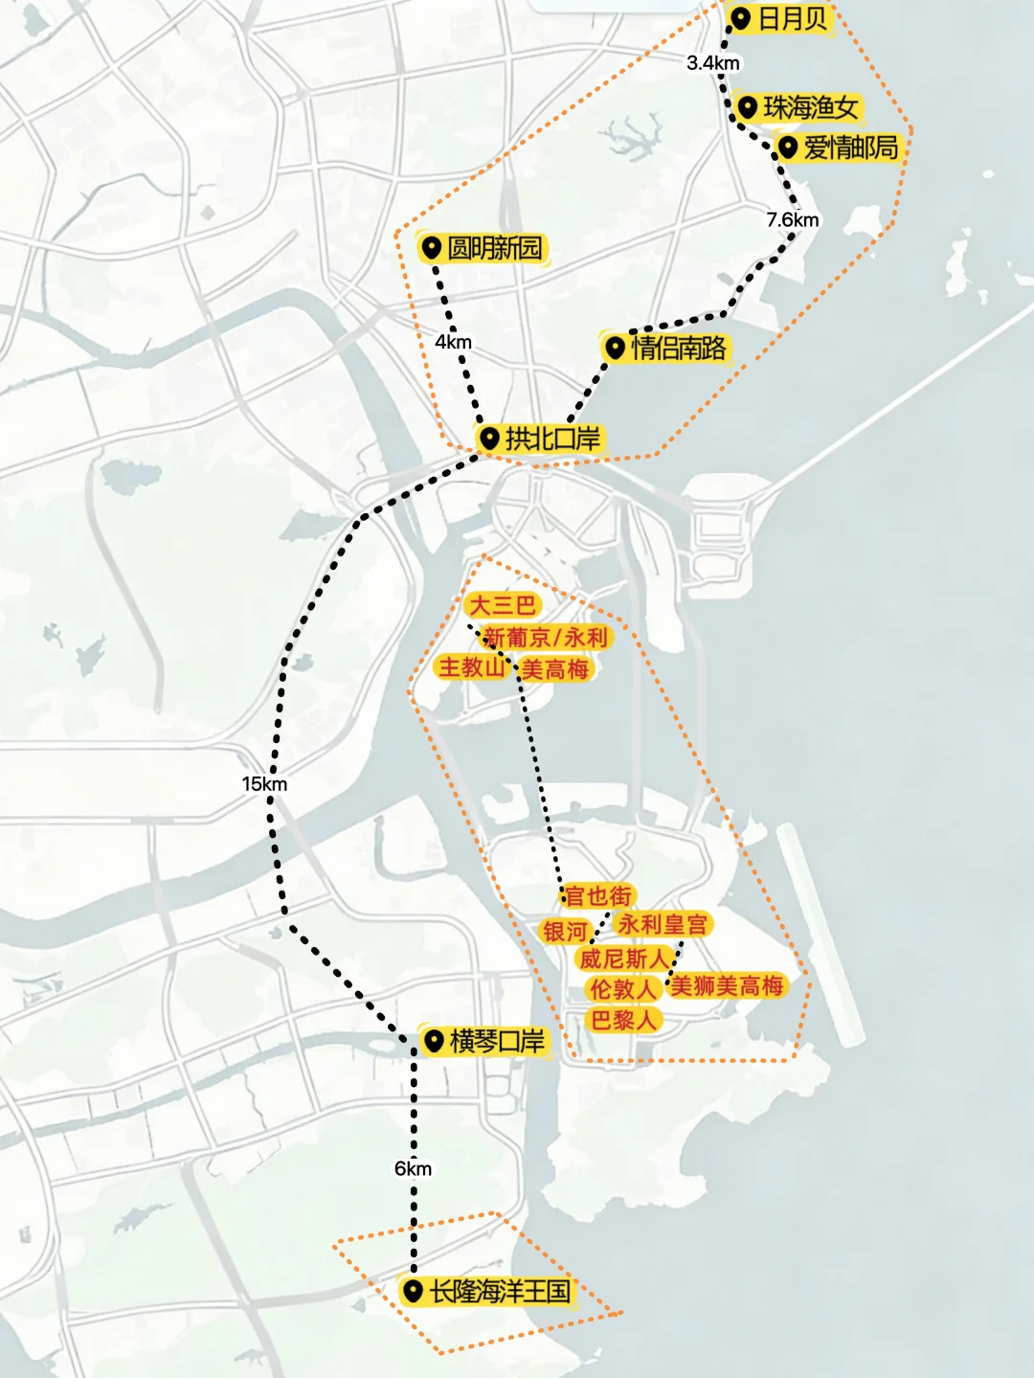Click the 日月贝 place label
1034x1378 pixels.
pos(792,19)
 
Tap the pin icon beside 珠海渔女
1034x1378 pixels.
pos(748,106)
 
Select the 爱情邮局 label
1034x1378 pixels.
pos(850,148)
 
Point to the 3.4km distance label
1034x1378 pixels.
pos(713,63)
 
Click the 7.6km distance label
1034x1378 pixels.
pos(793,220)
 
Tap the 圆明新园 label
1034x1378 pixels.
pos(494,249)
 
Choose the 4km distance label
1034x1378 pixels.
pos(453,342)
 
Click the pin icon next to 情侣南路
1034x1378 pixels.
pos(616,347)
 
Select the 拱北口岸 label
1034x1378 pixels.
pos(552,439)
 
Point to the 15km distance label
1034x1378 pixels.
pos(264,784)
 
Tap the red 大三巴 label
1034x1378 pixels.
pos(502,605)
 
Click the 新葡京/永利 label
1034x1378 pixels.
pos(546,637)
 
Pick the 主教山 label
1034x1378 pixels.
pos(471,666)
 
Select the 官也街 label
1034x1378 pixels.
pos(598,895)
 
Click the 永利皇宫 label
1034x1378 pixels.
pos(663,924)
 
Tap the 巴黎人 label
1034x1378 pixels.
pos(623,1020)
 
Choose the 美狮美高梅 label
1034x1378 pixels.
pos(728,985)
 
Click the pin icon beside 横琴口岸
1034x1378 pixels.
pos(434,1040)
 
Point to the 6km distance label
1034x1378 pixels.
pos(413,1168)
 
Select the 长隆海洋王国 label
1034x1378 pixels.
pos(499,1291)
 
